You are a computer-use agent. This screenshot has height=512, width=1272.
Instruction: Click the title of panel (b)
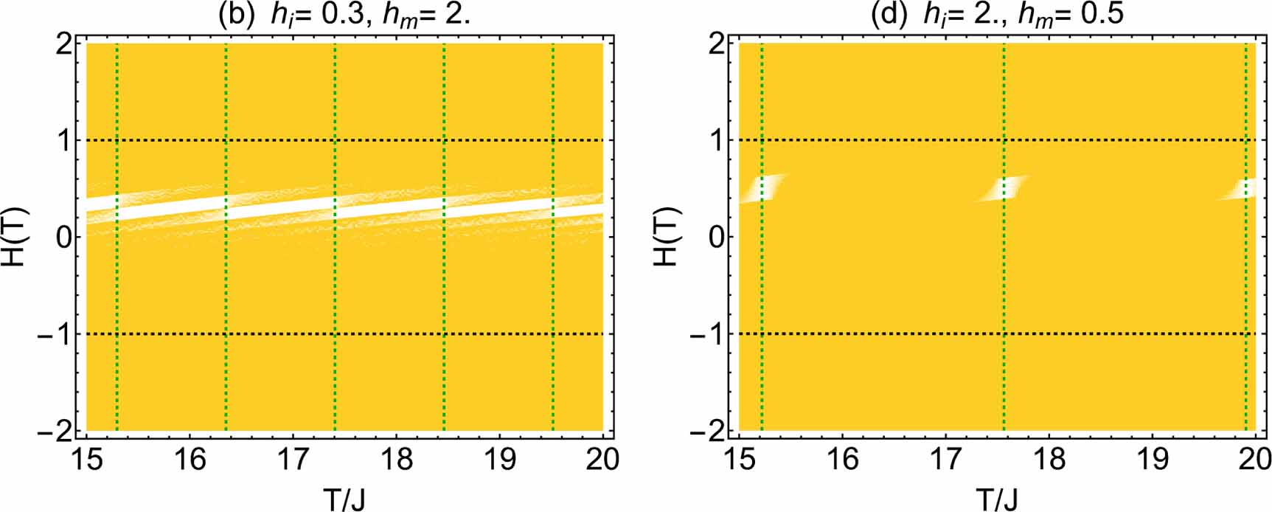[344, 15]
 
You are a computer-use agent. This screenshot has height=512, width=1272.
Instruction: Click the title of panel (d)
[997, 15]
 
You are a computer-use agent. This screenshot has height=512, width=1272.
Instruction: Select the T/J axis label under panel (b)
[344, 499]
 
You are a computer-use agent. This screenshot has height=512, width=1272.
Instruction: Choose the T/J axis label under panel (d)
[997, 499]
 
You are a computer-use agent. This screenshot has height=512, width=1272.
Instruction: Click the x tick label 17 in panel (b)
[293, 460]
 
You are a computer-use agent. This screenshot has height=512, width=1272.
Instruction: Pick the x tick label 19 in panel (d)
[1153, 460]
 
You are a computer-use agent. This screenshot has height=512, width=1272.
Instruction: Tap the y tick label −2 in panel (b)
[56, 432]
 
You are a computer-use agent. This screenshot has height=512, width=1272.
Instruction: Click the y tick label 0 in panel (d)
[715, 238]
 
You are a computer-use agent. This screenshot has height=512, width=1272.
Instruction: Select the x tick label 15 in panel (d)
[740, 460]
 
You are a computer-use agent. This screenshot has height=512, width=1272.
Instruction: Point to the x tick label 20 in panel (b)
[602, 460]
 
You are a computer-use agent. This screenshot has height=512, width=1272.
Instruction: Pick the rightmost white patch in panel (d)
[1242, 189]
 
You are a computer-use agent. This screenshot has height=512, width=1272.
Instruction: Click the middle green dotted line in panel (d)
[1004, 295]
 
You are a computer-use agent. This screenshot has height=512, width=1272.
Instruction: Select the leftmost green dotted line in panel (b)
[117, 295]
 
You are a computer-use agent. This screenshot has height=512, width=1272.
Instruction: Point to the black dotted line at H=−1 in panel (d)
[885, 334]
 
